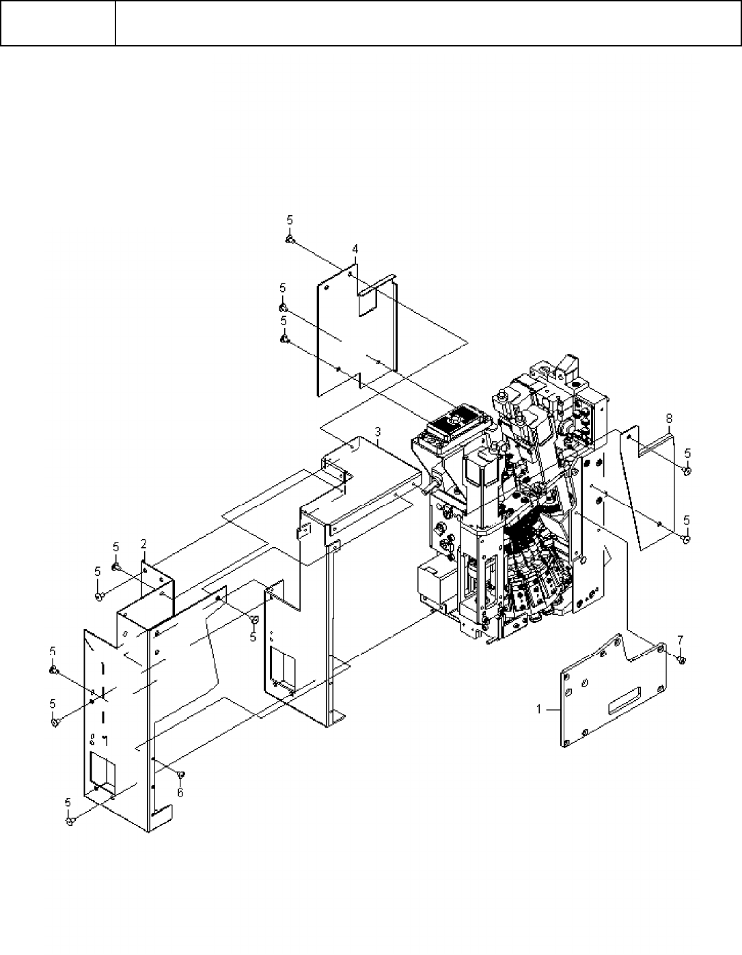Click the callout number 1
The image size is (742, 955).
click(x=539, y=709)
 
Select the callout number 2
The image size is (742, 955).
click(x=143, y=544)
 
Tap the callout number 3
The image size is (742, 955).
click(x=378, y=432)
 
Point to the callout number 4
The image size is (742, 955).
click(x=355, y=249)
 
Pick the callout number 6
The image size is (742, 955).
click(x=180, y=792)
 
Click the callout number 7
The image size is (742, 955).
click(x=680, y=640)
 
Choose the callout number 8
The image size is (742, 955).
click(x=669, y=418)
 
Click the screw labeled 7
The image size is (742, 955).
click(x=681, y=660)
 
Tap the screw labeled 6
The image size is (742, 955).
click(x=180, y=775)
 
